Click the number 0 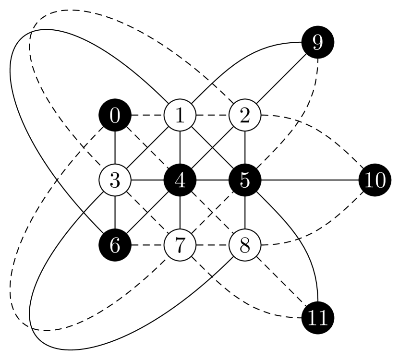(x=115, y=116)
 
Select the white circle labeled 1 (x=180, y=116)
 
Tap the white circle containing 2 (x=245, y=116)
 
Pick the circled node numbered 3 (x=115, y=180)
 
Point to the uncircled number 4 (x=180, y=181)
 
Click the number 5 (x=245, y=181)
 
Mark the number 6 (x=115, y=246)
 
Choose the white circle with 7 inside (x=180, y=245)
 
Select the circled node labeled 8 (x=245, y=245)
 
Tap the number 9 (x=317, y=43)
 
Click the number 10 (x=375, y=181)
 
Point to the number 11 (x=317, y=318)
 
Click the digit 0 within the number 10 (x=380, y=181)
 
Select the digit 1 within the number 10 (x=369, y=181)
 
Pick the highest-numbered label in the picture (x=317, y=318)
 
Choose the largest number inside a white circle (x=245, y=245)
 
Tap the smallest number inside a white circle (x=180, y=116)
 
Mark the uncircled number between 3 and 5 (x=180, y=181)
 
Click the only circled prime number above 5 (x=180, y=245)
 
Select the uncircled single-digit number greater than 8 (x=317, y=43)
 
